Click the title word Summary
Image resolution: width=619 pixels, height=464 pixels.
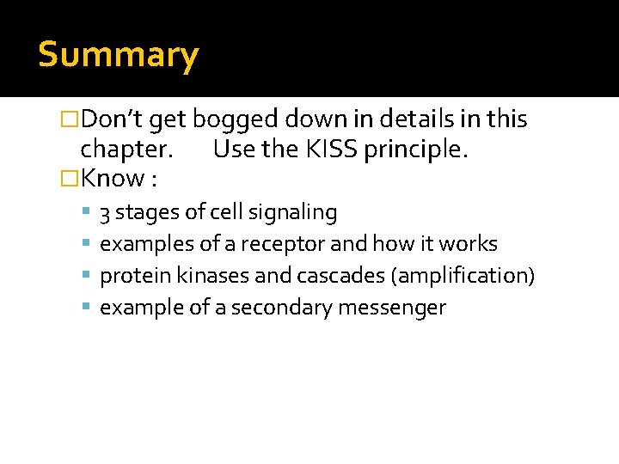pos(119,55)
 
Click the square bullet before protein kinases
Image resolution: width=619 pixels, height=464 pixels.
pos(89,276)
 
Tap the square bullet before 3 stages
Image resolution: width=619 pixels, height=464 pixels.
pos(89,212)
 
